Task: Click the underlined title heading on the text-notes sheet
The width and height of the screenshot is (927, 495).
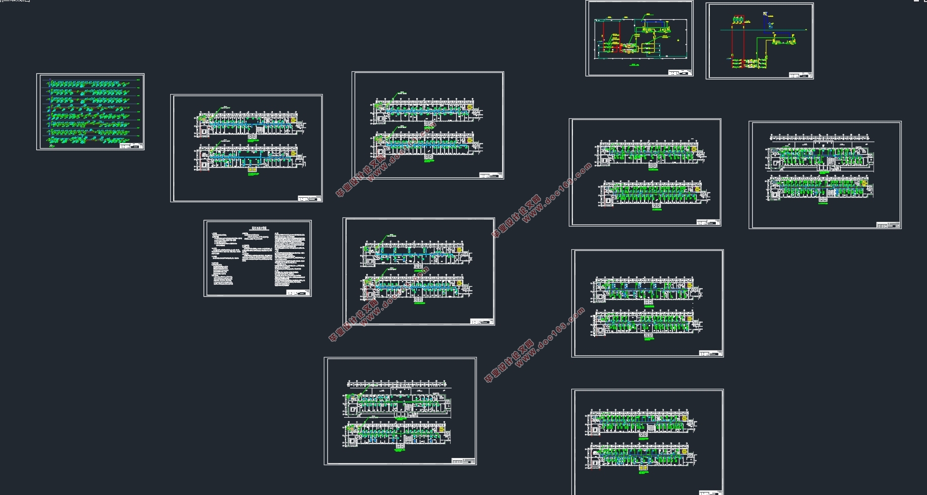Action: [x=258, y=229]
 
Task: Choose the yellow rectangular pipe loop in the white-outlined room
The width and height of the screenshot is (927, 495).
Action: [x=648, y=48]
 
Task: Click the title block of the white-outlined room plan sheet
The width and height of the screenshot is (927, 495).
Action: [x=680, y=73]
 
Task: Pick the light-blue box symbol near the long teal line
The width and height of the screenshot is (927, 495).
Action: [x=770, y=24]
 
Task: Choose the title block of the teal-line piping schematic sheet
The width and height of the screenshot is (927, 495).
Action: [x=801, y=75]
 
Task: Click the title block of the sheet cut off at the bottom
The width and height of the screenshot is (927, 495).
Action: [x=711, y=492]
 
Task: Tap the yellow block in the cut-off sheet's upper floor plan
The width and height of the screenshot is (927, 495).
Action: [x=684, y=419]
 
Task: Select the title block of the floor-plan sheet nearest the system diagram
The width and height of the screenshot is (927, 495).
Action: [x=310, y=199]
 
